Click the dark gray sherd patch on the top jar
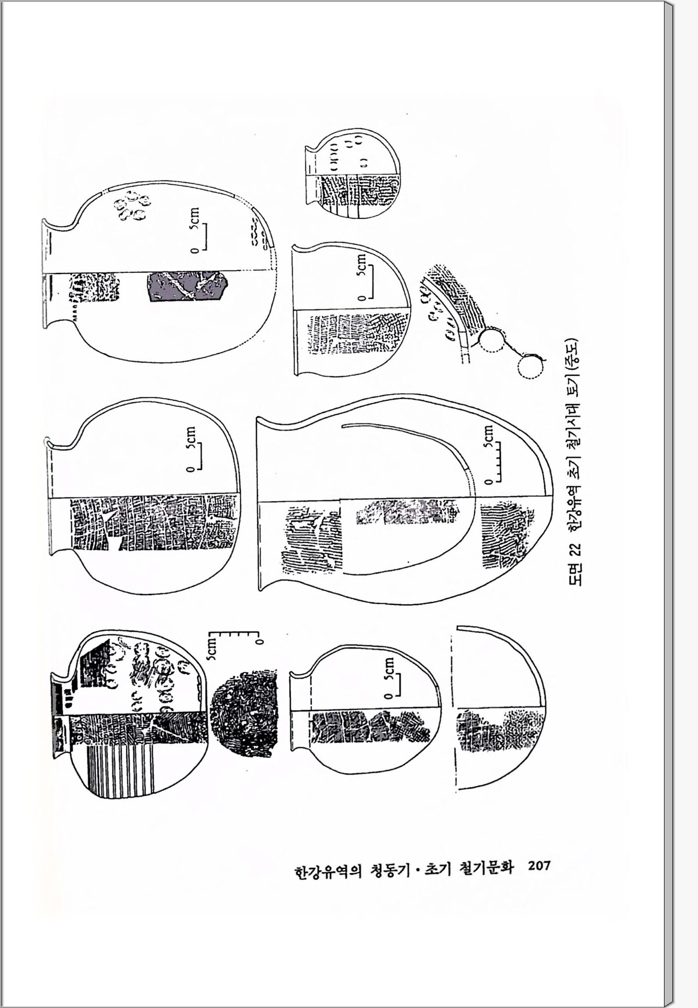[x=186, y=286]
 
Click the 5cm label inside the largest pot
[x=488, y=436]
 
